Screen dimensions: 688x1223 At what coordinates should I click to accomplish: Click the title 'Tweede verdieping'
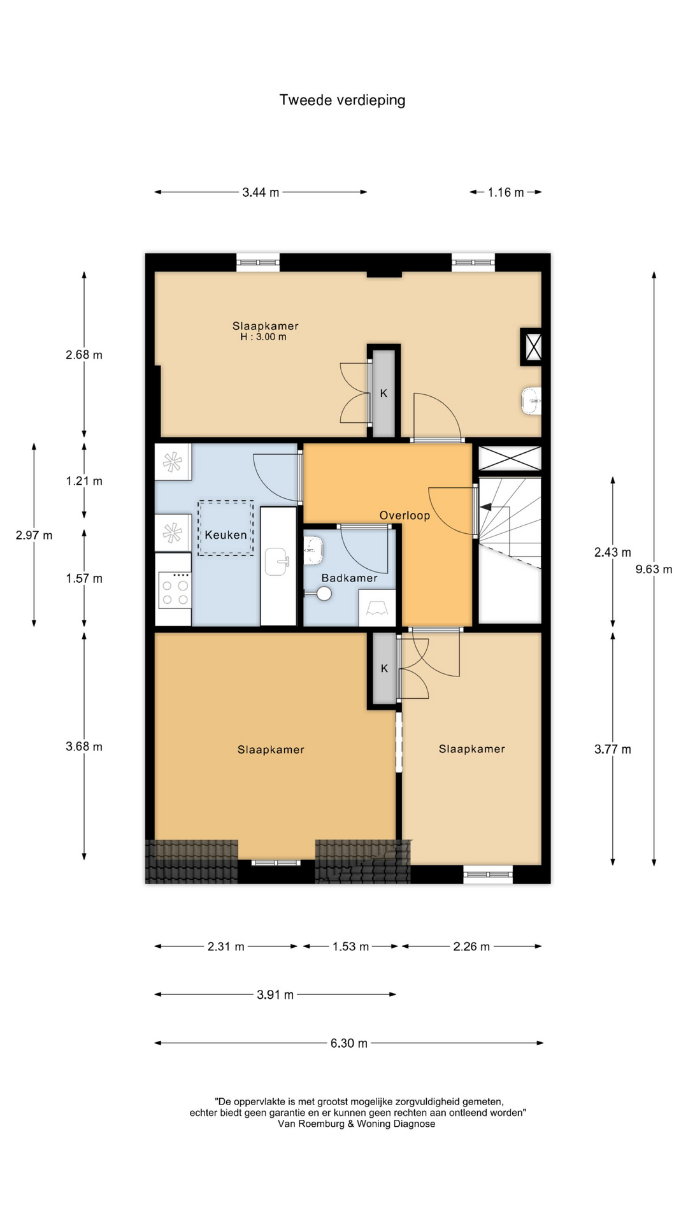click(342, 100)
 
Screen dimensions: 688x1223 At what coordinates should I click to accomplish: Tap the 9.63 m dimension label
click(654, 569)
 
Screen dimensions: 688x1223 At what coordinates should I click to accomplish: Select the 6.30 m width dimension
click(348, 1043)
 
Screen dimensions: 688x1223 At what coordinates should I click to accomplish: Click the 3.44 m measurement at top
click(261, 192)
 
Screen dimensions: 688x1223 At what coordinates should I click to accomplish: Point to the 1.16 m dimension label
click(506, 192)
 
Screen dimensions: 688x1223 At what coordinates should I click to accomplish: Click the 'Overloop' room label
click(405, 515)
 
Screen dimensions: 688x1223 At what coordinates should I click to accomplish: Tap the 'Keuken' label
click(226, 534)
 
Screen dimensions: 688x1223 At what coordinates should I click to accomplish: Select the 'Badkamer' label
click(349, 578)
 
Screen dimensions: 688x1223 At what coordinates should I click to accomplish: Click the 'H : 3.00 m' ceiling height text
click(263, 337)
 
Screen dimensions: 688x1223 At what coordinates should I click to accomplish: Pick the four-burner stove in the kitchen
click(175, 590)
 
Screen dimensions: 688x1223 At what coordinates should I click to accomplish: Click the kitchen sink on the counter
click(277, 561)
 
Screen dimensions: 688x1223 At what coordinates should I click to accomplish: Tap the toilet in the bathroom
click(313, 550)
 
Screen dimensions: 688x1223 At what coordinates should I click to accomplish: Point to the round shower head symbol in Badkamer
click(324, 594)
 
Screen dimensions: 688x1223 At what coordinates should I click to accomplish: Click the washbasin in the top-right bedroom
click(531, 401)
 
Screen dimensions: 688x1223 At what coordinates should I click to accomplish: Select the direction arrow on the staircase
click(485, 507)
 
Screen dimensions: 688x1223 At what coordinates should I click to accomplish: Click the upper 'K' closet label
click(383, 393)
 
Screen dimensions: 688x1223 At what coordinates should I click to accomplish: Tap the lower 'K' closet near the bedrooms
click(384, 668)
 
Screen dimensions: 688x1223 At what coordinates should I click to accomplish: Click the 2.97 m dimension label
click(34, 535)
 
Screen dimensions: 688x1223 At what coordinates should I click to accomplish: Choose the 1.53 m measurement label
click(350, 947)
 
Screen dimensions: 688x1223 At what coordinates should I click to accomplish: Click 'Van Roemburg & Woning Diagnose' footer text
click(357, 1124)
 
